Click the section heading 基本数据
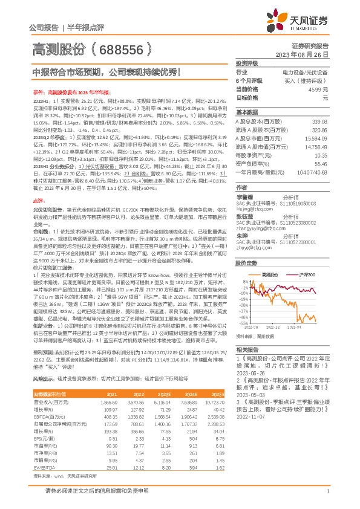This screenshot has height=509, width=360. pyautogui.click(x=247, y=112)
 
